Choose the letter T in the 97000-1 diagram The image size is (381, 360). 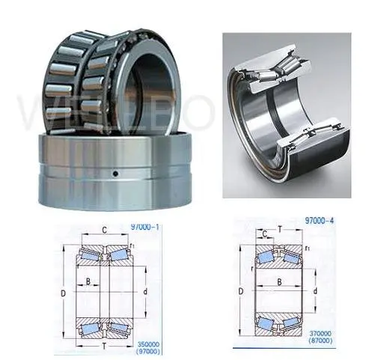(x=102, y=346)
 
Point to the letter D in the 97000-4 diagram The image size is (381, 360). (x=240, y=290)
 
